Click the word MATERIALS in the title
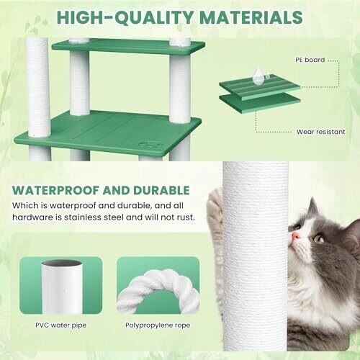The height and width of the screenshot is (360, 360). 251,17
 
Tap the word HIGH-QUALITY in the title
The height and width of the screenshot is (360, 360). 125,17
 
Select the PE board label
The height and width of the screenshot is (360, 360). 310,60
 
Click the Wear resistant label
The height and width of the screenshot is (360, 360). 320,132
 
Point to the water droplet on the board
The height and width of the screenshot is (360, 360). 258,76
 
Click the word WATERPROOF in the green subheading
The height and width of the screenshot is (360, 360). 55,190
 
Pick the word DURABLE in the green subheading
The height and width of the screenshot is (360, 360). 161,190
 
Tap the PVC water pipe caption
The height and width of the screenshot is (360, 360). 61,325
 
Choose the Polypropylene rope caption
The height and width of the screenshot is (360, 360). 158,325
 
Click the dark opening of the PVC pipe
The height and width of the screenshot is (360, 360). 62,263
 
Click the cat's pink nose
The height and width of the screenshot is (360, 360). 296,235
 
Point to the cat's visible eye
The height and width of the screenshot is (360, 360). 319,238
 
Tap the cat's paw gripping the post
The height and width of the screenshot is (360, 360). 215,204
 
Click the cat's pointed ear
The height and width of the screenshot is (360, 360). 312,209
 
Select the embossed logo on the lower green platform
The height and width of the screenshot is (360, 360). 150,145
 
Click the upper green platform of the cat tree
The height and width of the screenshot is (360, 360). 128,46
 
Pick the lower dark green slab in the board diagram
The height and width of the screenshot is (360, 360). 260,102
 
